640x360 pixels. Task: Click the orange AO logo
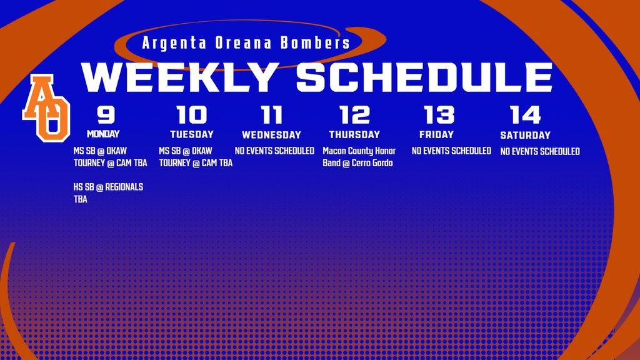tap(46, 107)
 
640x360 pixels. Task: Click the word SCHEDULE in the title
tap(424, 77)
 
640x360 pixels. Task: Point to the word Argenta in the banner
tap(169, 43)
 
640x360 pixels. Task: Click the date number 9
tap(106, 115)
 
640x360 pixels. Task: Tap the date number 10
tap(192, 115)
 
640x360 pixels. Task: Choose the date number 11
tap(271, 115)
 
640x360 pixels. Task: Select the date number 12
tap(354, 115)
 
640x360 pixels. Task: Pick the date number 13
tap(439, 115)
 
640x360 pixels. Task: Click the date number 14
tap(525, 115)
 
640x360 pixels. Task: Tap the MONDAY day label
tap(103, 134)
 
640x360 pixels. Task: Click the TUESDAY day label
tap(192, 134)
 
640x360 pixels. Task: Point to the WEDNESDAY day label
tap(271, 135)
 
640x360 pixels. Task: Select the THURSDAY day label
tap(354, 134)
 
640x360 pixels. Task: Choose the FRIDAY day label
tap(436, 134)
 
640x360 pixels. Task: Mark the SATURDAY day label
tap(525, 135)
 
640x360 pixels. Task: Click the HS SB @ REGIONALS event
tap(108, 193)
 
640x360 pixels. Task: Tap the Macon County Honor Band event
tap(359, 157)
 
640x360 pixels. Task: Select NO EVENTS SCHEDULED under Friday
tap(451, 151)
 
